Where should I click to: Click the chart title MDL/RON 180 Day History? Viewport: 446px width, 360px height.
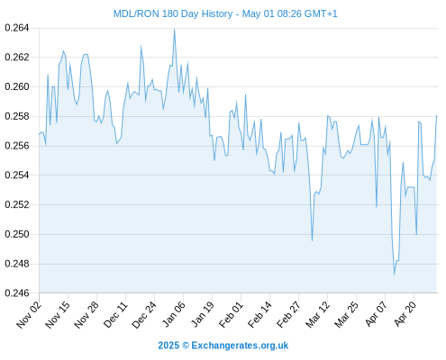tap(173, 13)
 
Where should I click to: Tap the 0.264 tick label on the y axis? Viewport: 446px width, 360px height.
tap(17, 28)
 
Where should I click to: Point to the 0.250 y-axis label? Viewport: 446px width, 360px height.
tap(17, 234)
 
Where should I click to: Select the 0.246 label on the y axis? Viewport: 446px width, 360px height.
tap(17, 292)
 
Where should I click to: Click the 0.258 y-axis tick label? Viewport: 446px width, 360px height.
tap(17, 116)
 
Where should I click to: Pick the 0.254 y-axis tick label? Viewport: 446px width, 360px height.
tap(17, 175)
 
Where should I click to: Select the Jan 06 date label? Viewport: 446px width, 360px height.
tap(173, 314)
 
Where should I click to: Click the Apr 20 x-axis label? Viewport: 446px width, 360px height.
tap(405, 313)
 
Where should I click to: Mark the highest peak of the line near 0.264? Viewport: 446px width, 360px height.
tap(174, 30)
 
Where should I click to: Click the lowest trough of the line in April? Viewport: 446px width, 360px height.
tap(394, 274)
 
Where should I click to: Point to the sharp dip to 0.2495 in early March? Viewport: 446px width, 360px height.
tap(312, 240)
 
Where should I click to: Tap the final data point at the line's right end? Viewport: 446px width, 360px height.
tap(436, 115)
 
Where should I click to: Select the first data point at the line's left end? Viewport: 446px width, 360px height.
tap(39, 135)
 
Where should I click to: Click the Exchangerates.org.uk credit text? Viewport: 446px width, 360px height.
tap(240, 346)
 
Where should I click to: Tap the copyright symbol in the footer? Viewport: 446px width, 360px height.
tap(186, 346)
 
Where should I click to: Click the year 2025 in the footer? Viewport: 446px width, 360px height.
tap(168, 346)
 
